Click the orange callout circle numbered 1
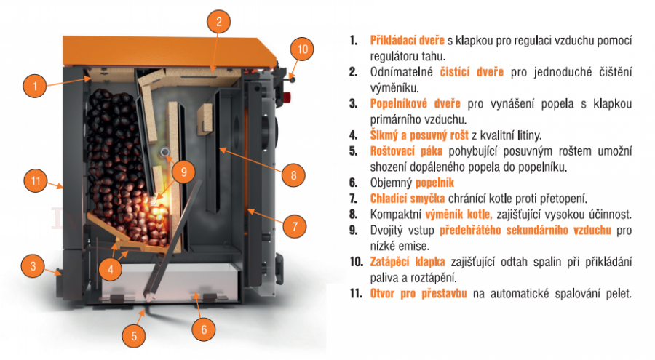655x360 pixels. (x=35, y=86)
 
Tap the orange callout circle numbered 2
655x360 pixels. (x=219, y=21)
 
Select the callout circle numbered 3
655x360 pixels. (x=33, y=266)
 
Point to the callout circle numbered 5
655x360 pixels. (x=134, y=336)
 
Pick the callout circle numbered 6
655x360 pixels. (x=204, y=329)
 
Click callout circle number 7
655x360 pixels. (x=295, y=226)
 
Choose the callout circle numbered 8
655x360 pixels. (x=293, y=175)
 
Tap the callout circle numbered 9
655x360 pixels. (x=184, y=171)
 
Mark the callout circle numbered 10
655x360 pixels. (x=302, y=49)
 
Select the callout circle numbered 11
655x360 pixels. (x=36, y=180)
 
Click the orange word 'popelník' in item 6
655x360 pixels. (x=434, y=183)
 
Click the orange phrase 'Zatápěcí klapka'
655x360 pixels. (x=408, y=262)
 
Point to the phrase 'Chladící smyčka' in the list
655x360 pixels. (x=408, y=199)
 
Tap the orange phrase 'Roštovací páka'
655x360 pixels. (x=406, y=151)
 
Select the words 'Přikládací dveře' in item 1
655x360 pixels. (x=408, y=40)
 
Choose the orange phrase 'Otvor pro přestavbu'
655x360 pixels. (x=418, y=294)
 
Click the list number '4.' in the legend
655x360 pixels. (x=354, y=135)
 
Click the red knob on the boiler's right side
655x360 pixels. (x=287, y=98)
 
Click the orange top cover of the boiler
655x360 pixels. (x=169, y=52)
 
